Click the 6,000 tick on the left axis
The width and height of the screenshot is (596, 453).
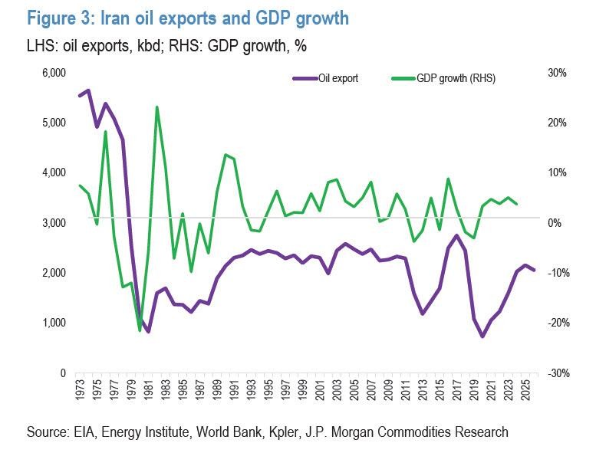pyautogui.click(x=54, y=73)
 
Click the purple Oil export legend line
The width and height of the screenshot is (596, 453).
pyautogui.click(x=305, y=77)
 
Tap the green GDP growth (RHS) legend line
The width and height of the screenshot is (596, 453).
pyautogui.click(x=403, y=77)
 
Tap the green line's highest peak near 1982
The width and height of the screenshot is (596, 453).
pyautogui.click(x=156, y=107)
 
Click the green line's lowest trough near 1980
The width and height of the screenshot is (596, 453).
pyautogui.click(x=140, y=330)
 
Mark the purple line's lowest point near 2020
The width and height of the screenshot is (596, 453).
pyautogui.click(x=482, y=336)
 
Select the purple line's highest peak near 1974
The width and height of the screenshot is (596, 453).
pyautogui.click(x=88, y=90)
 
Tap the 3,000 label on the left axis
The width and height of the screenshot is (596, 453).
pyautogui.click(x=54, y=222)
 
